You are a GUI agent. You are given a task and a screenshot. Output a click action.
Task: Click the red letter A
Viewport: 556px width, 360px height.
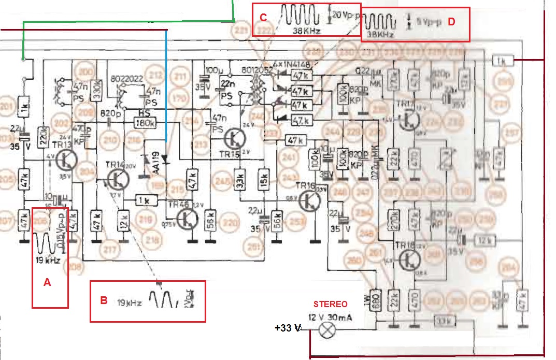pos(47,283)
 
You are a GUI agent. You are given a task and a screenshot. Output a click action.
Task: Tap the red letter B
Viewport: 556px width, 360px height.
pos(104,300)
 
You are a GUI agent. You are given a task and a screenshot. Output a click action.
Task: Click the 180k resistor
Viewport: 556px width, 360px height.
pos(145,123)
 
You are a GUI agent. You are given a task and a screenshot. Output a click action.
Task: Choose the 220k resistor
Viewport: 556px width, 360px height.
pos(44,137)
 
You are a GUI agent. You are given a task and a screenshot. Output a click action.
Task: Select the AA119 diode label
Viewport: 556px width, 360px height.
pos(149,164)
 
